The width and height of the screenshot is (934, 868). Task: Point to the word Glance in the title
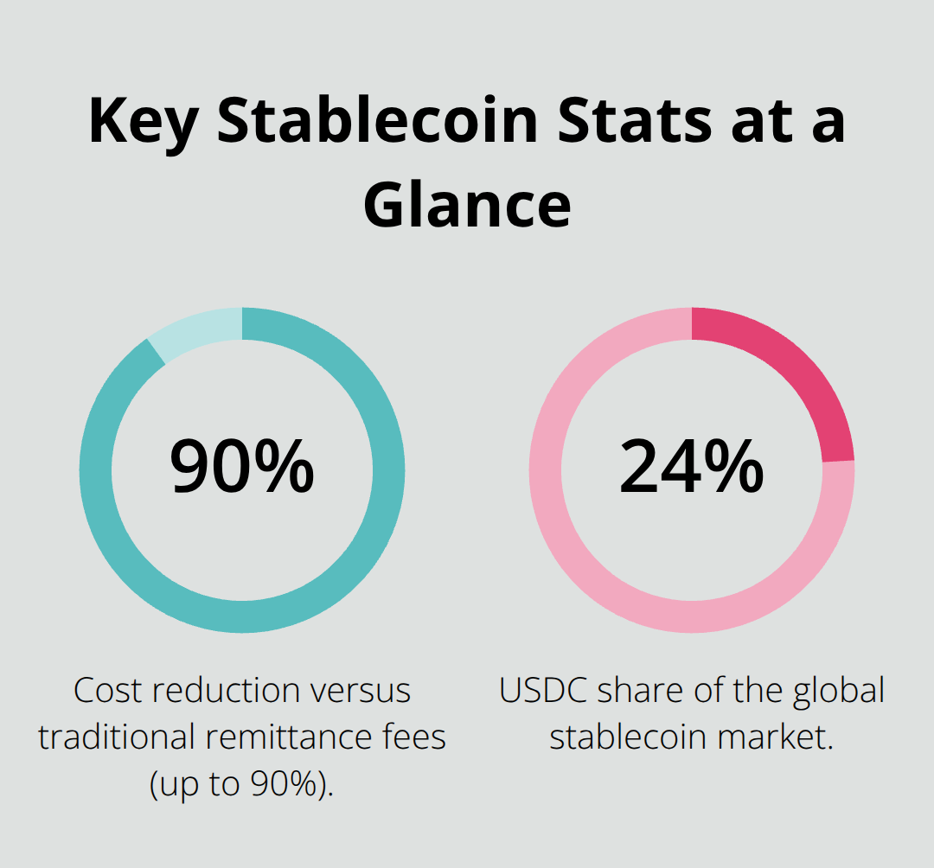[x=467, y=206]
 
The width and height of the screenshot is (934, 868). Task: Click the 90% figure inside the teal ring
[x=242, y=467]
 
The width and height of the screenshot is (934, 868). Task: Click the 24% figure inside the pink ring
[x=692, y=467]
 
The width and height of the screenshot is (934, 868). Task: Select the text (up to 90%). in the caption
[x=242, y=785]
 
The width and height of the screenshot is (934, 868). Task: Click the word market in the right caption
[x=774, y=737]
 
